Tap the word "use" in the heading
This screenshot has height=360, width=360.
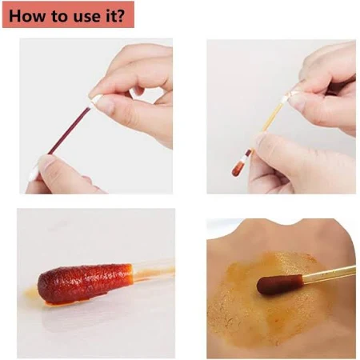click(x=85, y=17)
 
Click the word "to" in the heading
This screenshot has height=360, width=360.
click(x=58, y=16)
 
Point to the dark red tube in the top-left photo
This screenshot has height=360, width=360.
click(x=70, y=130)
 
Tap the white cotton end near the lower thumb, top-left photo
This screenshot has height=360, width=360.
click(x=34, y=173)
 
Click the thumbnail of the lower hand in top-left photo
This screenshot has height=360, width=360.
click(x=47, y=162)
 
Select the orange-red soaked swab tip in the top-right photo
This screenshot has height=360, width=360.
click(x=238, y=168)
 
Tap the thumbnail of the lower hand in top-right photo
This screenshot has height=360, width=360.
click(x=262, y=140)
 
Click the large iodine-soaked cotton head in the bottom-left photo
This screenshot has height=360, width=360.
click(x=85, y=283)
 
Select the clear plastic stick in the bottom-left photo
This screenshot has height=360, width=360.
click(x=154, y=270)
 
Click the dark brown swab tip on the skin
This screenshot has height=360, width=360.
click(x=281, y=284)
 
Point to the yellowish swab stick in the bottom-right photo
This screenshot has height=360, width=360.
click(x=330, y=274)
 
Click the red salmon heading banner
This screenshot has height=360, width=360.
click(x=68, y=14)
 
